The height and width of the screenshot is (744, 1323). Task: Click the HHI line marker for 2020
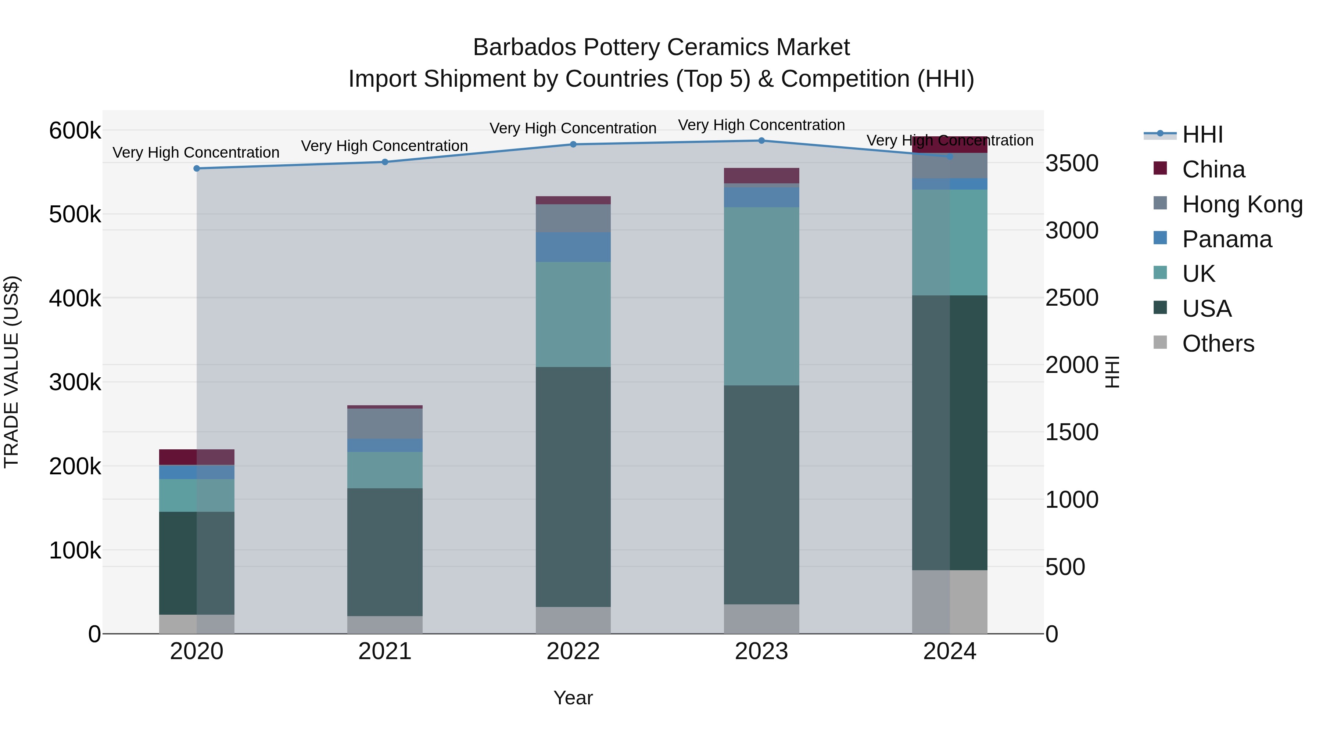(x=197, y=168)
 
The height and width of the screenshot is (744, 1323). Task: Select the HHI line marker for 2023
(x=762, y=141)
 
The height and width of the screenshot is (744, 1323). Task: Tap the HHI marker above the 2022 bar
(x=573, y=144)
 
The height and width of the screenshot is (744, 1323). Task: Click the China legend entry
(x=1213, y=169)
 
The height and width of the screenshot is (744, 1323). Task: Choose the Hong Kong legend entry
(x=1242, y=204)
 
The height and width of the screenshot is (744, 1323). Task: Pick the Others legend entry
(x=1218, y=344)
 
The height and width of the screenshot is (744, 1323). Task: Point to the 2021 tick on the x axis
(x=385, y=651)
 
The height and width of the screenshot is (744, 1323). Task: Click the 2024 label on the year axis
(x=950, y=651)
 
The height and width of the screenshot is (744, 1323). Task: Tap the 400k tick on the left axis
(x=75, y=298)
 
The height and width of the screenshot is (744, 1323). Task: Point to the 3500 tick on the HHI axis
(x=1072, y=163)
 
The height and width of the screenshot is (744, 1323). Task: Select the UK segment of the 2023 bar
(x=762, y=296)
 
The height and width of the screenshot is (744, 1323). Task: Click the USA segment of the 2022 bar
(x=573, y=487)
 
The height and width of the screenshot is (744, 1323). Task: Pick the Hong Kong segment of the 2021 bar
(x=385, y=424)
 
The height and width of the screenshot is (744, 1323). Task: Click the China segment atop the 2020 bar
(x=197, y=457)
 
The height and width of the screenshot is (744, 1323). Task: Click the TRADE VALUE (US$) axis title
(x=11, y=372)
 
